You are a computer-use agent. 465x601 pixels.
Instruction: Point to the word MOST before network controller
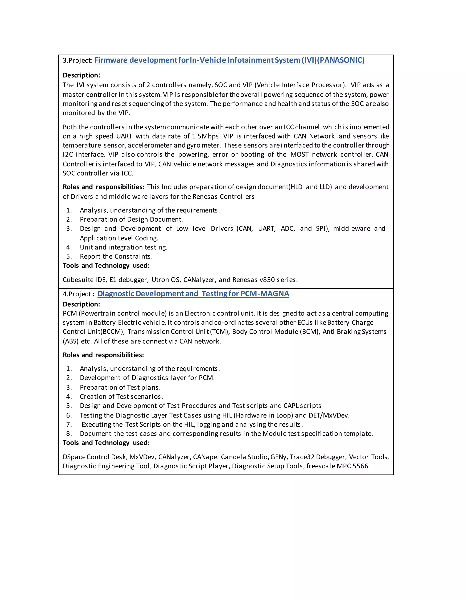(x=299, y=154)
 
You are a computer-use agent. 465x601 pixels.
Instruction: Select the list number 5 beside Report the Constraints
(x=69, y=257)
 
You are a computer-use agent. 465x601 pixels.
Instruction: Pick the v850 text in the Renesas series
(x=267, y=280)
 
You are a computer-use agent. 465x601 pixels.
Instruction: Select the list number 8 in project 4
(x=69, y=434)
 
